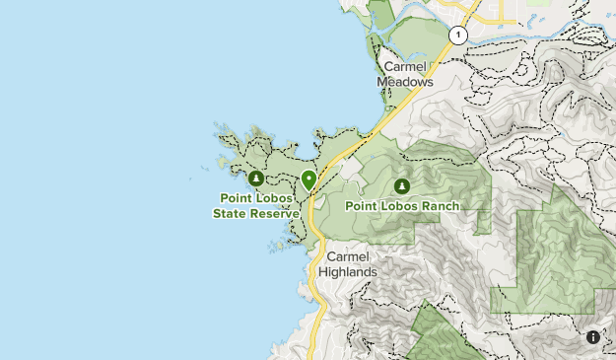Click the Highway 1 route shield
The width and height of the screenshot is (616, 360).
click(x=457, y=35)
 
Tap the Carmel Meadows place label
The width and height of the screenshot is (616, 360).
click(x=405, y=75)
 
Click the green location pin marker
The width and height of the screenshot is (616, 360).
click(x=308, y=180)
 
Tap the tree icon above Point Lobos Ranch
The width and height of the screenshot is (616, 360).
click(x=401, y=185)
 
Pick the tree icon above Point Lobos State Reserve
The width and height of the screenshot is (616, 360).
click(x=255, y=179)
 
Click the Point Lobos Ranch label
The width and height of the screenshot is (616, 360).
click(x=402, y=206)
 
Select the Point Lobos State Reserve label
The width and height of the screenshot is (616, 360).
click(x=254, y=205)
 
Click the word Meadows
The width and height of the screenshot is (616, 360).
click(x=405, y=83)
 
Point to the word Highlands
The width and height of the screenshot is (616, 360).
click(x=349, y=272)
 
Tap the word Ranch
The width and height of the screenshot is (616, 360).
click(x=440, y=206)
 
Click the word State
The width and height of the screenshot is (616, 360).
click(x=230, y=213)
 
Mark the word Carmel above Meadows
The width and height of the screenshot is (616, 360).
click(x=405, y=67)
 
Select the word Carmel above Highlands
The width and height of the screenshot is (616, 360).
click(x=349, y=256)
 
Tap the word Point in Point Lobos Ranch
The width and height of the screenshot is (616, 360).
click(x=362, y=206)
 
